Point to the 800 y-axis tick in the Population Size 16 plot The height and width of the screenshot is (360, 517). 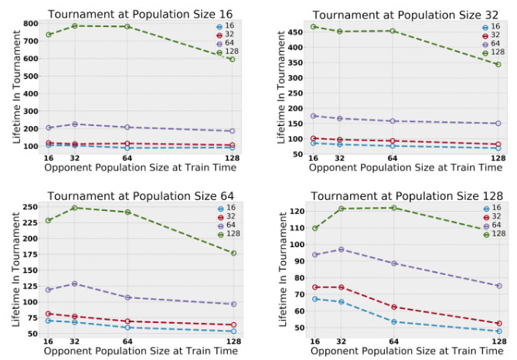click(32, 23)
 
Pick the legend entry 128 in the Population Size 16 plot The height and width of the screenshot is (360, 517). click(226, 53)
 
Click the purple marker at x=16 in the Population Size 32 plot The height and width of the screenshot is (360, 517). click(313, 116)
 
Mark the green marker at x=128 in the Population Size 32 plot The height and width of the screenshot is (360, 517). click(498, 64)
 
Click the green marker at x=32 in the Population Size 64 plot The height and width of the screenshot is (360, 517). click(74, 208)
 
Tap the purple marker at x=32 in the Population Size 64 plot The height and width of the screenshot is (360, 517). click(74, 284)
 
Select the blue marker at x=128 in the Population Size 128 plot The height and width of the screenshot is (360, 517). click(498, 331)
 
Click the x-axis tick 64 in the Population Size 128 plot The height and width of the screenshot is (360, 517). click(393, 340)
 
